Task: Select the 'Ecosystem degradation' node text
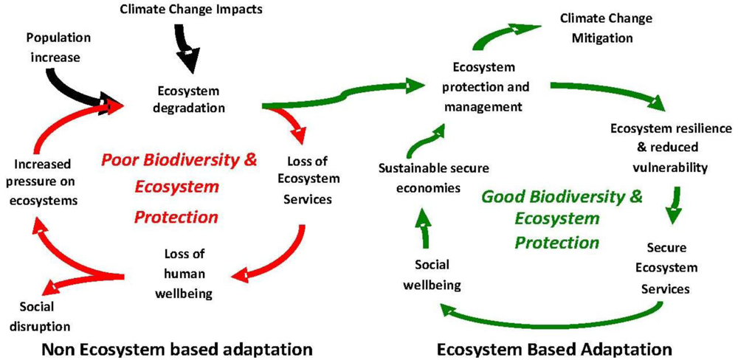[x=189, y=100]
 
